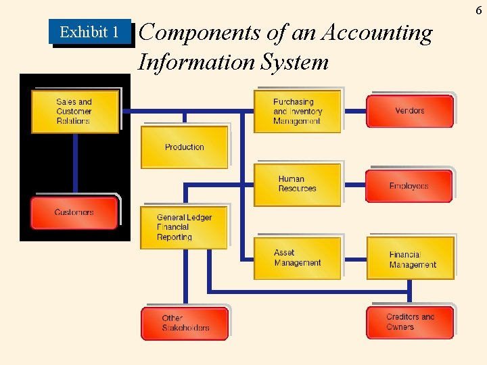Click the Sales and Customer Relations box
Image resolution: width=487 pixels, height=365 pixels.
click(75, 112)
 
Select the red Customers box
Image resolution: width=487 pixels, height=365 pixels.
click(75, 212)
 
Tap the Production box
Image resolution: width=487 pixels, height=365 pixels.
click(184, 147)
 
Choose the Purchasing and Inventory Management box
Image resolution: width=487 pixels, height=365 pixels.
click(298, 112)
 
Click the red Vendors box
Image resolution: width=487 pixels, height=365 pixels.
click(410, 111)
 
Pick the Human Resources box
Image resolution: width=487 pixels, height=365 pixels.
click(298, 184)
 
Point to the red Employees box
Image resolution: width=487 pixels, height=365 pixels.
click(409, 186)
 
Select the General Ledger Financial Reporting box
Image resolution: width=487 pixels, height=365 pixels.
click(184, 228)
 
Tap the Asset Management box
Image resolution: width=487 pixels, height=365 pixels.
click(298, 258)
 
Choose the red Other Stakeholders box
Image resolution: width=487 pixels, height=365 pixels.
click(185, 323)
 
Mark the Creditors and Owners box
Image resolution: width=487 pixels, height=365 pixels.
click(410, 322)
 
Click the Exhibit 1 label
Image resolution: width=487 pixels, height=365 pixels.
click(89, 32)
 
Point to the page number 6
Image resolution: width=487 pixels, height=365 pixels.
click(479, 10)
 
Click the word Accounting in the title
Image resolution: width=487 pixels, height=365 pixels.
click(378, 32)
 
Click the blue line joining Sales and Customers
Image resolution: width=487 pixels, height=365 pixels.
click(75, 164)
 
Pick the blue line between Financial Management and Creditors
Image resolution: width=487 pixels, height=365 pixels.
click(410, 293)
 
